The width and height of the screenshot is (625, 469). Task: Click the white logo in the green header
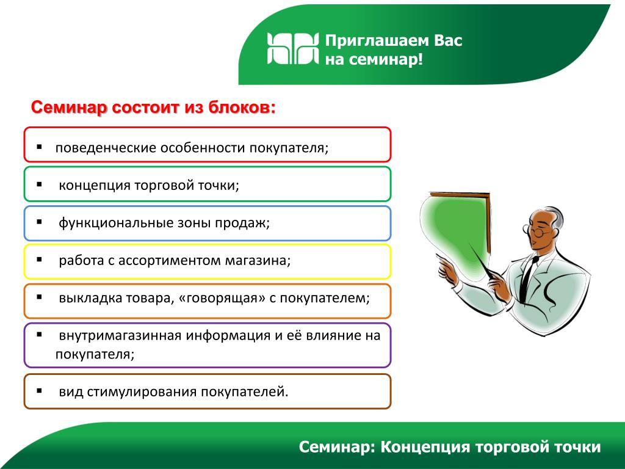[293, 48]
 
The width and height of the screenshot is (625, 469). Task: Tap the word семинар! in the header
[386, 60]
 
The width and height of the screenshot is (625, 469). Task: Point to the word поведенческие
[106, 148]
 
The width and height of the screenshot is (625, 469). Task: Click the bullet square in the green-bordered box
[39, 184]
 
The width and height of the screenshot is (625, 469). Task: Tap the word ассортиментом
[170, 260]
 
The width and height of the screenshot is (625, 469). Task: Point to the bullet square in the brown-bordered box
[39, 391]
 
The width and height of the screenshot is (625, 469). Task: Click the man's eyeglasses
[536, 231]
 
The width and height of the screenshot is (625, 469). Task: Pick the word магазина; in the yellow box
[258, 260]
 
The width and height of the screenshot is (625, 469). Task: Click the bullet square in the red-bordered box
[39, 147]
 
